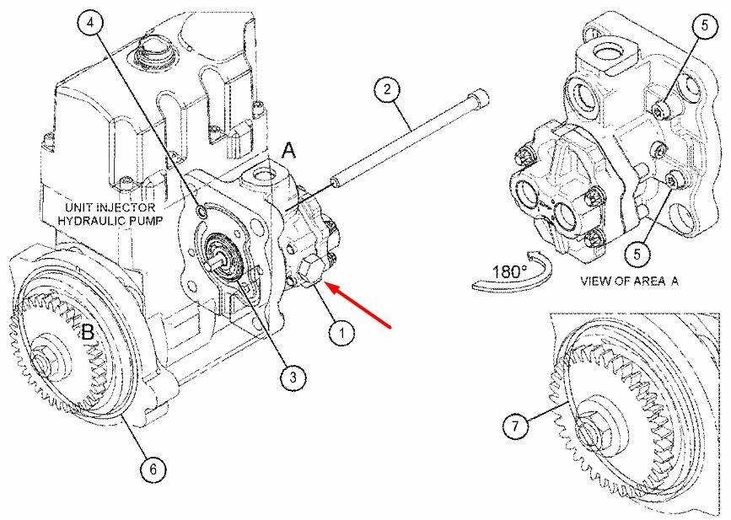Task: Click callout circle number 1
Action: coord(341,333)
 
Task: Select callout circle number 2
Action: coord(387,89)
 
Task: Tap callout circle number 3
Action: coord(293,377)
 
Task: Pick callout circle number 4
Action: coord(90,23)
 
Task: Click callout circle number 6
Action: coord(153,469)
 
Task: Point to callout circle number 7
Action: coord(515,426)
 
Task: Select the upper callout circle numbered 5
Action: coord(704,25)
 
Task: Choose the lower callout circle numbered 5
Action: coord(637,254)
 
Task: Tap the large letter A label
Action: coord(289,151)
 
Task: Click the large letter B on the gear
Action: coord(88,332)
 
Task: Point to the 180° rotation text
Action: coord(510,271)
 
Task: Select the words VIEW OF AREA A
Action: coord(629,281)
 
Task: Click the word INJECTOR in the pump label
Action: coord(126,206)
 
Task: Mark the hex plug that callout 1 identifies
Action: coord(309,272)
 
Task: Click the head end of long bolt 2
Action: coord(478,99)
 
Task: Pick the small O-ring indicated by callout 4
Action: coord(202,212)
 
